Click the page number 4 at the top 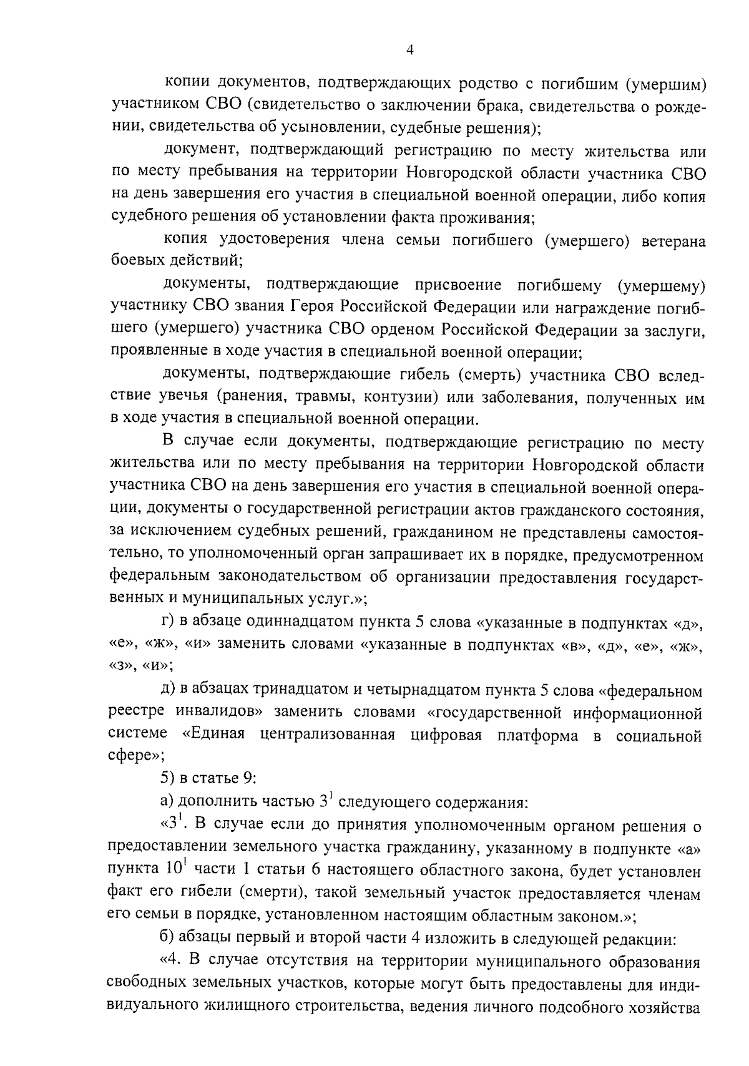pos(410,51)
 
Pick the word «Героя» pos(315,307)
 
